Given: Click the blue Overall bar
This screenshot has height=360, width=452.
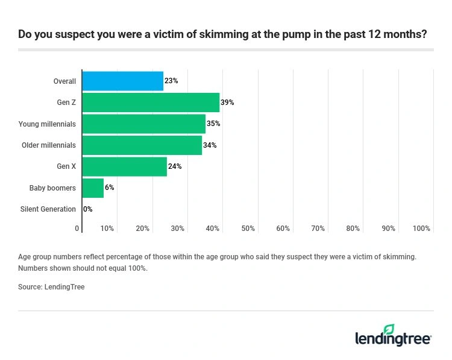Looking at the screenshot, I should click(122, 81).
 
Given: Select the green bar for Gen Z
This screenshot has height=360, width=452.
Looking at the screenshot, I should click(151, 103).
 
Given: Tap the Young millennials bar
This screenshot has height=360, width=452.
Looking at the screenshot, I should click(143, 124).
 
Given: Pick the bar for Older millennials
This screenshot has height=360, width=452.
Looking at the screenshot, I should click(142, 145).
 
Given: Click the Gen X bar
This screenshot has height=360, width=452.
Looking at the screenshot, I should click(124, 166).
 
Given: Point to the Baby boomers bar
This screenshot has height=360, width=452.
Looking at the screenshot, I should click(93, 188).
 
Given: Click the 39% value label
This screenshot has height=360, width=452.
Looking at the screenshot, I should click(227, 103).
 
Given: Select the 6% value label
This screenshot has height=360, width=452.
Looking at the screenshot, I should click(110, 188).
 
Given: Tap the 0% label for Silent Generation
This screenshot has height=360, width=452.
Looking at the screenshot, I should click(88, 209).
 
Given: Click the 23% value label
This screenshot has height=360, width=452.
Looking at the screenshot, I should click(171, 81).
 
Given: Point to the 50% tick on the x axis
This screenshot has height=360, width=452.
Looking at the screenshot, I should click(248, 229).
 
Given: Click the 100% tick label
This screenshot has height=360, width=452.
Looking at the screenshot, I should click(421, 229).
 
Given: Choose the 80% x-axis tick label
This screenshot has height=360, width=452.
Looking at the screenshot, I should click(353, 229).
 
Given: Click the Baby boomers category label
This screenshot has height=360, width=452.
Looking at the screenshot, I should click(52, 188).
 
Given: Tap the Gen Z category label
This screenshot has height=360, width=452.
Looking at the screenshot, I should click(66, 103).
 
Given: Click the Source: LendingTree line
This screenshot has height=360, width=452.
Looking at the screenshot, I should click(51, 287).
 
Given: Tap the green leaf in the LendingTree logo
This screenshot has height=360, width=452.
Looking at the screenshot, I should click(389, 329).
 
